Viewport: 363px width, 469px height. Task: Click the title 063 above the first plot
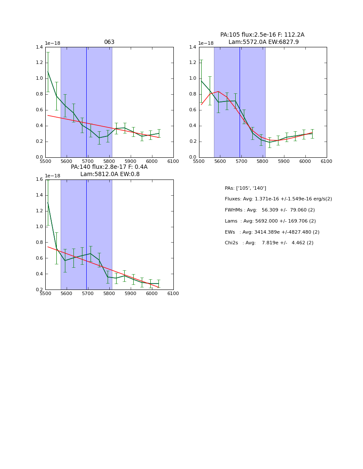[109, 42]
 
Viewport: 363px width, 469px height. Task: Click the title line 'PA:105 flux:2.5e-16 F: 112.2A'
[262, 35]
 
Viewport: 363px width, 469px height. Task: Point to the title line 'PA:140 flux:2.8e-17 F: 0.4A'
[109, 167]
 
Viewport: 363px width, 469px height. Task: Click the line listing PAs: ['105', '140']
[245, 188]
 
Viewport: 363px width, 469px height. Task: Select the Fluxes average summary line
[278, 199]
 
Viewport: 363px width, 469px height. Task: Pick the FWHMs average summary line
[269, 210]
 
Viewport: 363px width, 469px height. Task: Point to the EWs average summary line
[272, 232]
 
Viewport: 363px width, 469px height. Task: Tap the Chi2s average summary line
[269, 243]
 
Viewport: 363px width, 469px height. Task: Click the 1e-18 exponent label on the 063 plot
[53, 43]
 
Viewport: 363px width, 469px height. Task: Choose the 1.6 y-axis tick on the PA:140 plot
[40, 179]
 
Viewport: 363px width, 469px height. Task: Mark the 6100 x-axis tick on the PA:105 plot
[327, 161]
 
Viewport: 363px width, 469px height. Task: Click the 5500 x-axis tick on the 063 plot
[45, 161]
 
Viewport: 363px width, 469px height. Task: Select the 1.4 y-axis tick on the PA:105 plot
[193, 47]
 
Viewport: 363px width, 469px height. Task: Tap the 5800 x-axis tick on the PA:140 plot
[109, 293]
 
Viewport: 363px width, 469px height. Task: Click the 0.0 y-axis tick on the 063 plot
[40, 157]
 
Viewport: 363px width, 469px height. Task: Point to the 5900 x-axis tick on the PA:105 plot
[284, 161]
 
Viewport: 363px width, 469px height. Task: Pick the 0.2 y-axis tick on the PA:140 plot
[40, 290]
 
